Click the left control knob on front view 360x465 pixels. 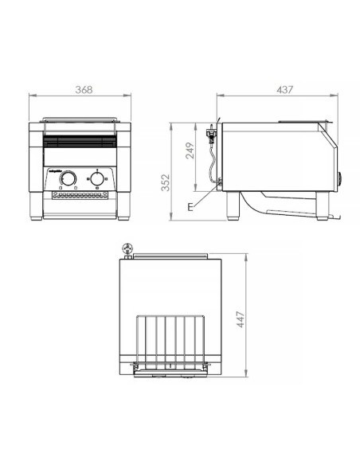[x=69, y=179]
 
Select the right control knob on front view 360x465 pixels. [x=97, y=179]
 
